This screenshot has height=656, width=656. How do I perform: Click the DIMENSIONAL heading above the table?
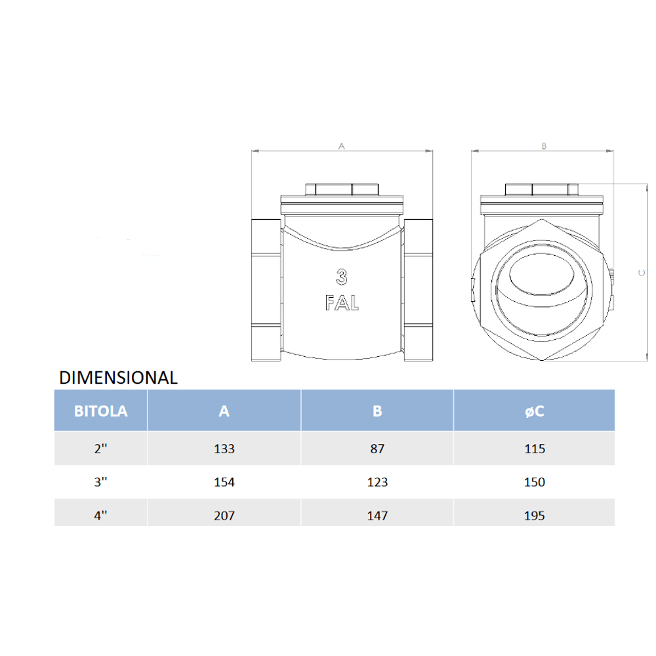coord(118,378)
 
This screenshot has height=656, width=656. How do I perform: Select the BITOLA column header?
coord(101,411)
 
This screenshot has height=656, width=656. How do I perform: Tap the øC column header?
coord(534,411)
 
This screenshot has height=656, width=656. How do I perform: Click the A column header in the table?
coord(224,411)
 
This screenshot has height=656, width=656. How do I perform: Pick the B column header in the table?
coord(377,411)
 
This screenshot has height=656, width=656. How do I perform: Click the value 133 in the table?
coord(224,449)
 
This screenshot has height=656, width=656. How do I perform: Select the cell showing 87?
coord(377,449)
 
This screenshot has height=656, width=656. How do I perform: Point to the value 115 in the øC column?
coord(535,449)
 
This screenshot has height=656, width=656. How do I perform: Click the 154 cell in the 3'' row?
coord(224,482)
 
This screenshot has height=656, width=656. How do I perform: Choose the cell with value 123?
coord(377,482)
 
